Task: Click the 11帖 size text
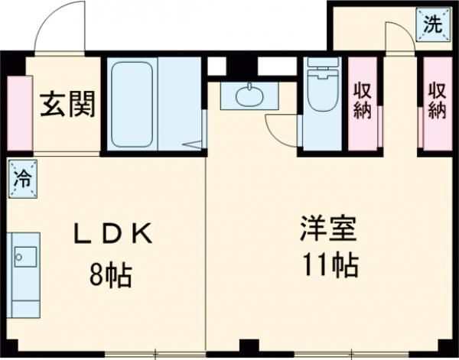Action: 332,266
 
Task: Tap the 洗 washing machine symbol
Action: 432,24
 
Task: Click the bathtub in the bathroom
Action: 133,104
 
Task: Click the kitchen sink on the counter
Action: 23,256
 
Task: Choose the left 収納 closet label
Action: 362,100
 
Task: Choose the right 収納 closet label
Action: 436,100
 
